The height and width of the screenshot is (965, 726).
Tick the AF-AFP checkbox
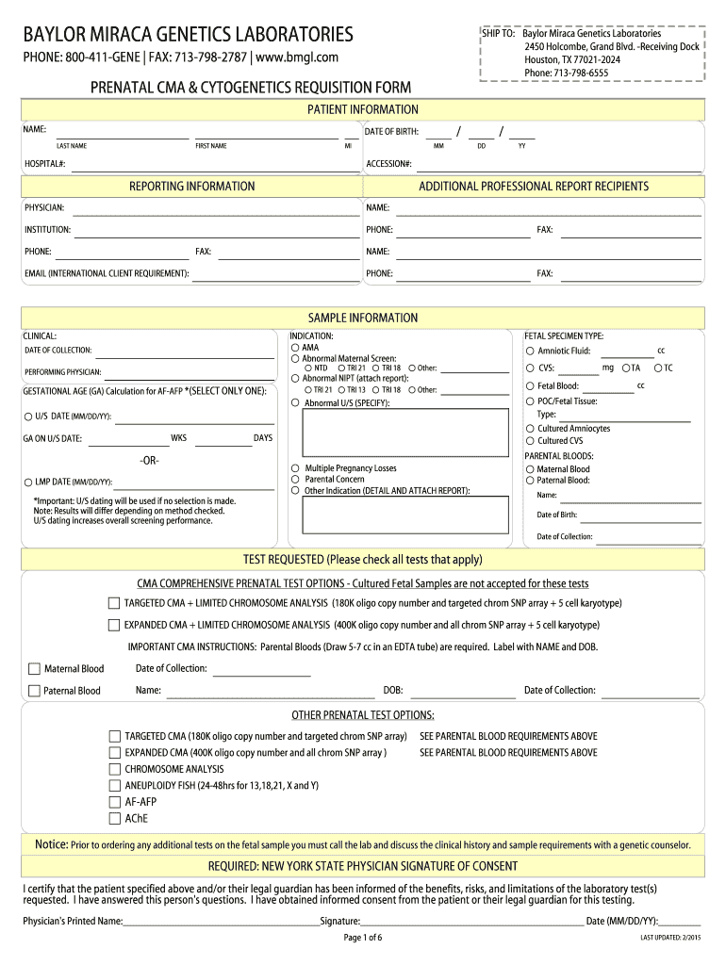[x=114, y=802]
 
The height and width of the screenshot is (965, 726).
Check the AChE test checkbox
[x=114, y=818]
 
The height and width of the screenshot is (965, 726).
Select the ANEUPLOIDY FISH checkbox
[x=114, y=785]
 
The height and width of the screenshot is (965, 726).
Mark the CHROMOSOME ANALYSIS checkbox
[x=114, y=769]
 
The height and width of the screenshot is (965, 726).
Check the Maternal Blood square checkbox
[x=35, y=669]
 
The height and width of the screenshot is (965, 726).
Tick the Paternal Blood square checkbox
[x=35, y=691]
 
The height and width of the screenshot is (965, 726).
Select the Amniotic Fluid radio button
[x=530, y=351]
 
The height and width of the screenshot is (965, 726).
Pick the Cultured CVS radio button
[x=530, y=440]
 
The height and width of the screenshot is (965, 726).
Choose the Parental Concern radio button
[x=295, y=479]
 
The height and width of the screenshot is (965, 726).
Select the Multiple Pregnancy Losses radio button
[x=295, y=467]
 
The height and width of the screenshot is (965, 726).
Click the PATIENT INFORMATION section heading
[x=363, y=110]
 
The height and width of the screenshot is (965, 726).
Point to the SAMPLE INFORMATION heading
[x=363, y=319]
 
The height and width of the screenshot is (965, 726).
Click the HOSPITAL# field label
[x=44, y=165]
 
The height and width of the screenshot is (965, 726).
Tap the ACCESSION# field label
[x=388, y=165]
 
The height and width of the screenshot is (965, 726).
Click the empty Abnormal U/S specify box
[x=403, y=434]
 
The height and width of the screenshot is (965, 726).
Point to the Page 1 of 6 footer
[x=363, y=938]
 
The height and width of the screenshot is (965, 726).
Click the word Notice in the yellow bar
[x=51, y=844]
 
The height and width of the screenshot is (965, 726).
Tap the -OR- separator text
[x=148, y=460]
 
